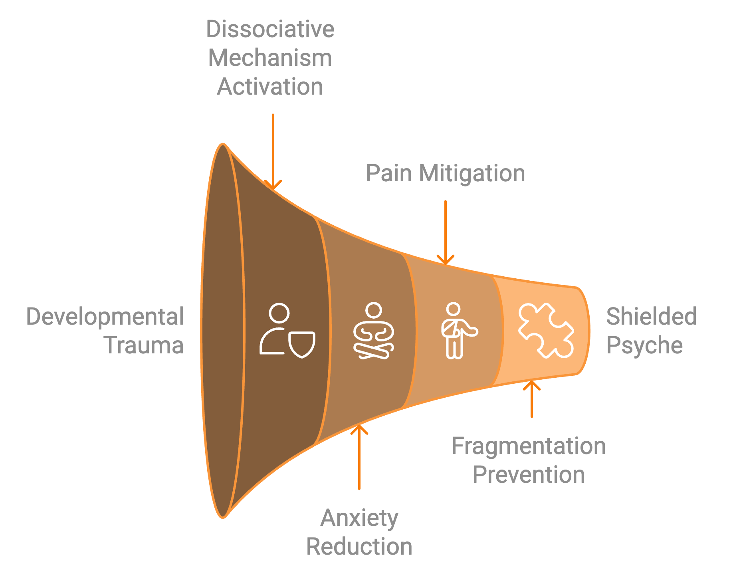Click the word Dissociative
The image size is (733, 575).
coord(270,29)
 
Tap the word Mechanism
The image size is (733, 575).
coord(270,58)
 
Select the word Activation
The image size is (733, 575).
coord(270,87)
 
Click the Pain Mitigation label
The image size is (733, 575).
coord(445,173)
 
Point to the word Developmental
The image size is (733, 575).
coord(105,317)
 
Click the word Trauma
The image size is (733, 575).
coord(144,345)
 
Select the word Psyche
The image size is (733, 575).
coord(644,345)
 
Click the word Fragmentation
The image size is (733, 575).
coord(529,446)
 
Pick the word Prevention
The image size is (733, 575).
coord(529,475)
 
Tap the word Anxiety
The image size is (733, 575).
coord(359,518)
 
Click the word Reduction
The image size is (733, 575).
coord(359,547)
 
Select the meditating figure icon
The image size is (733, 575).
coord(374,331)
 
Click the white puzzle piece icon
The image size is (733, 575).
coord(546,330)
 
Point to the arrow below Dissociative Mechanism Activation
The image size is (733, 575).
coord(273,152)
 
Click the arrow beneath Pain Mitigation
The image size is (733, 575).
coord(446,232)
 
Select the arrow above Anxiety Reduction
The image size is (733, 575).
coord(359,457)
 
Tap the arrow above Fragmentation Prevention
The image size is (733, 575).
coord(531,399)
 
